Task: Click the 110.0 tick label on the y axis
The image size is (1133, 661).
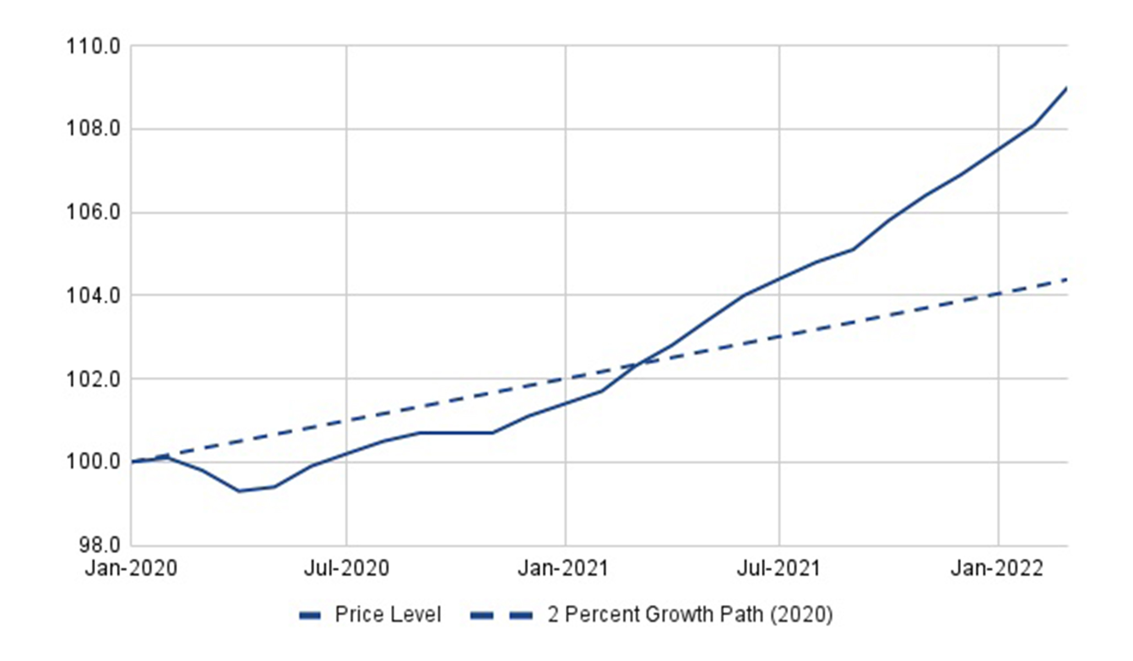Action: tap(93, 46)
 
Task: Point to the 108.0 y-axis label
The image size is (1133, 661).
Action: tap(93, 129)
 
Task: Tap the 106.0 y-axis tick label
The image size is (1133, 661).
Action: tap(93, 213)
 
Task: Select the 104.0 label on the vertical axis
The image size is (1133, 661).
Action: tap(93, 296)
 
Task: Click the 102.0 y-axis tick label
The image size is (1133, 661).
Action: tap(93, 379)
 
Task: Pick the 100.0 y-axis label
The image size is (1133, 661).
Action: tap(93, 462)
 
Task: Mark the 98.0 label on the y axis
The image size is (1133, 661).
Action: tap(100, 545)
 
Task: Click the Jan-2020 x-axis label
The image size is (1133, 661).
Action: tap(131, 568)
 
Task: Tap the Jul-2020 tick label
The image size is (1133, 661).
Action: tap(346, 568)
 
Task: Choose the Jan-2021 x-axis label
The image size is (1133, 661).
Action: tap(563, 568)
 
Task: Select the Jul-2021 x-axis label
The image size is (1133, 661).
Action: tap(778, 568)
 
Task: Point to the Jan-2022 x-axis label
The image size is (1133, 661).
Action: tap(997, 568)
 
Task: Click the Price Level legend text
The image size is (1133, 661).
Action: tap(388, 615)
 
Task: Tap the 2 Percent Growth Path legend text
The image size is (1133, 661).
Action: tap(690, 615)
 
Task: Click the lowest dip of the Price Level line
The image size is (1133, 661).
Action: tap(238, 491)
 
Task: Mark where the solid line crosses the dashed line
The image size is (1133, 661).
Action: tap(641, 363)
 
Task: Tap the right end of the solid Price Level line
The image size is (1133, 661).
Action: tap(1067, 88)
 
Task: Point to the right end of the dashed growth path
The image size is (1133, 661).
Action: tap(1067, 280)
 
